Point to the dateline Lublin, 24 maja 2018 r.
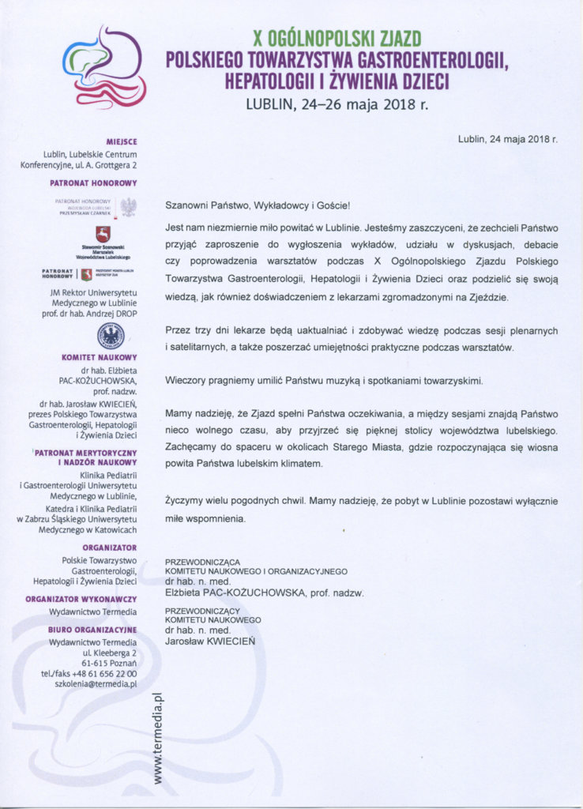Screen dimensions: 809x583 (x=507, y=139)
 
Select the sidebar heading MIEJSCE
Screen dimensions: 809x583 (x=121, y=141)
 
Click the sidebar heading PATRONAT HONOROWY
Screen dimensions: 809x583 (x=94, y=182)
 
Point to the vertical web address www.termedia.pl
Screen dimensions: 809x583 (x=157, y=738)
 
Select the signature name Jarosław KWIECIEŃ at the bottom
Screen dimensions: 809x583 (x=209, y=642)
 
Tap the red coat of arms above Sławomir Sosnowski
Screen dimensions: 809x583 (x=103, y=235)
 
